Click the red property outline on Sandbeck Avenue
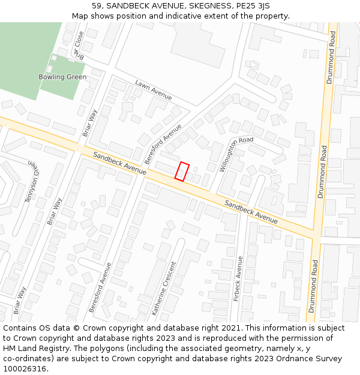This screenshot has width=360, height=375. (182, 171)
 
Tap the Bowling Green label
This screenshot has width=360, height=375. (62, 77)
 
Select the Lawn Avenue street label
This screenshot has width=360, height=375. (154, 90)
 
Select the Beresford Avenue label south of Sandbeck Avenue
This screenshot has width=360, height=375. (100, 287)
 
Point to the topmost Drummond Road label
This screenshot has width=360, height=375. (330, 58)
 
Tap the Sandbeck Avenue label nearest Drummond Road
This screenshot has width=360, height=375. (251, 212)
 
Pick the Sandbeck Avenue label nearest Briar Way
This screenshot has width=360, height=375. (119, 163)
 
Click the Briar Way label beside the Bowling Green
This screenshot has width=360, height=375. (90, 123)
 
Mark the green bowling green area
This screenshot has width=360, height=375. (30, 54)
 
